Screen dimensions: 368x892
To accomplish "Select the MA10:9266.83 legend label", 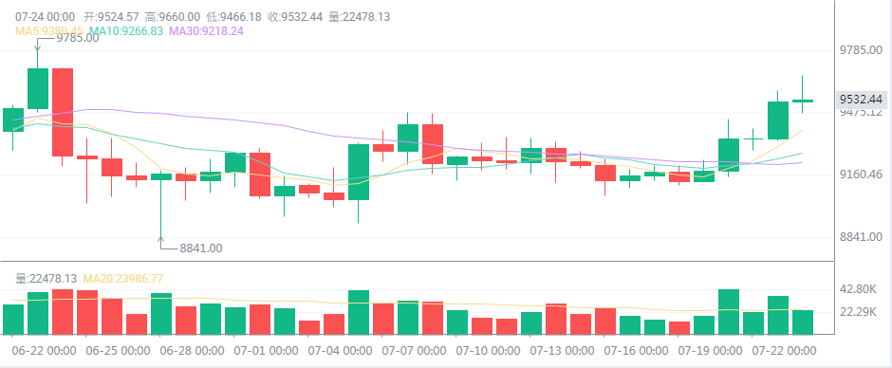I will tap(126, 30).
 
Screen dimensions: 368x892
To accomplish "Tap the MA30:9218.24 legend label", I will tap(206, 30).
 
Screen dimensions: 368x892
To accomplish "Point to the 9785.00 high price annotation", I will tap(77, 38).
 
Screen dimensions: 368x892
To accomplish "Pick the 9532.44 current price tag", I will tap(861, 99).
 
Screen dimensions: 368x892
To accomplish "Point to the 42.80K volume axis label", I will tap(859, 288).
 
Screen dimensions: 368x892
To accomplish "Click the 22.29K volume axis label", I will tap(859, 312).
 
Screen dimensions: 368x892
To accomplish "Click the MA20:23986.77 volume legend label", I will tap(123, 278).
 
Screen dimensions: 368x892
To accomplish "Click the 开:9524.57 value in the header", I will tap(112, 16).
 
